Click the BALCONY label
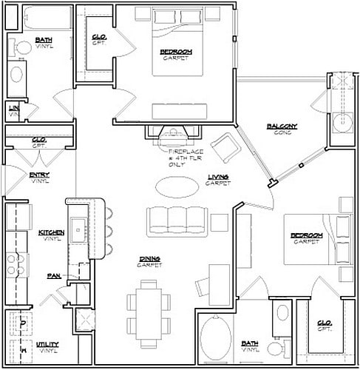pos(282,128)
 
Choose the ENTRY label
pos(40,177)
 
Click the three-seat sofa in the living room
pos(176,220)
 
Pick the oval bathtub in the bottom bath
pos(217,340)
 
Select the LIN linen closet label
pos(13,110)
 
